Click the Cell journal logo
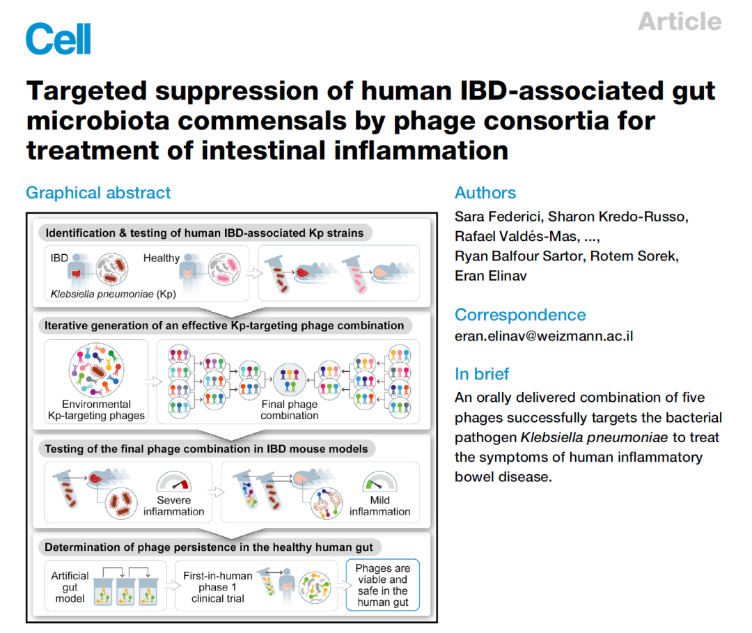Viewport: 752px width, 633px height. point(58,38)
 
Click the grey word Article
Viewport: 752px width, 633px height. point(680,22)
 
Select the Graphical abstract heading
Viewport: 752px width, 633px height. point(98,193)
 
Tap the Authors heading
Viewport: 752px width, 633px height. point(485,193)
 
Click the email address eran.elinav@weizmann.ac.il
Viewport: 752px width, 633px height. point(544,336)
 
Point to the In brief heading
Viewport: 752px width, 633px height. point(482,374)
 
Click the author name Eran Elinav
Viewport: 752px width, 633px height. point(491,276)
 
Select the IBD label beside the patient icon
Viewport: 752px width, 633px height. point(59,258)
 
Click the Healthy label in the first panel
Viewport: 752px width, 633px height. point(161,258)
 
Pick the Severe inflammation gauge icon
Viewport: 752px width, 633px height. point(174,481)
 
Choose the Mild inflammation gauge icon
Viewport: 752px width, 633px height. point(380,481)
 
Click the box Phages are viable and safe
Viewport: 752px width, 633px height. point(383,585)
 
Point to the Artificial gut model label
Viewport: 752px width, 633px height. point(70,587)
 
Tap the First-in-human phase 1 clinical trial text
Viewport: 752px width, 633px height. point(218,587)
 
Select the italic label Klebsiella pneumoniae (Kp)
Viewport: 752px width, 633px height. point(113,294)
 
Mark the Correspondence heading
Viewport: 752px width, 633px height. point(520,315)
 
